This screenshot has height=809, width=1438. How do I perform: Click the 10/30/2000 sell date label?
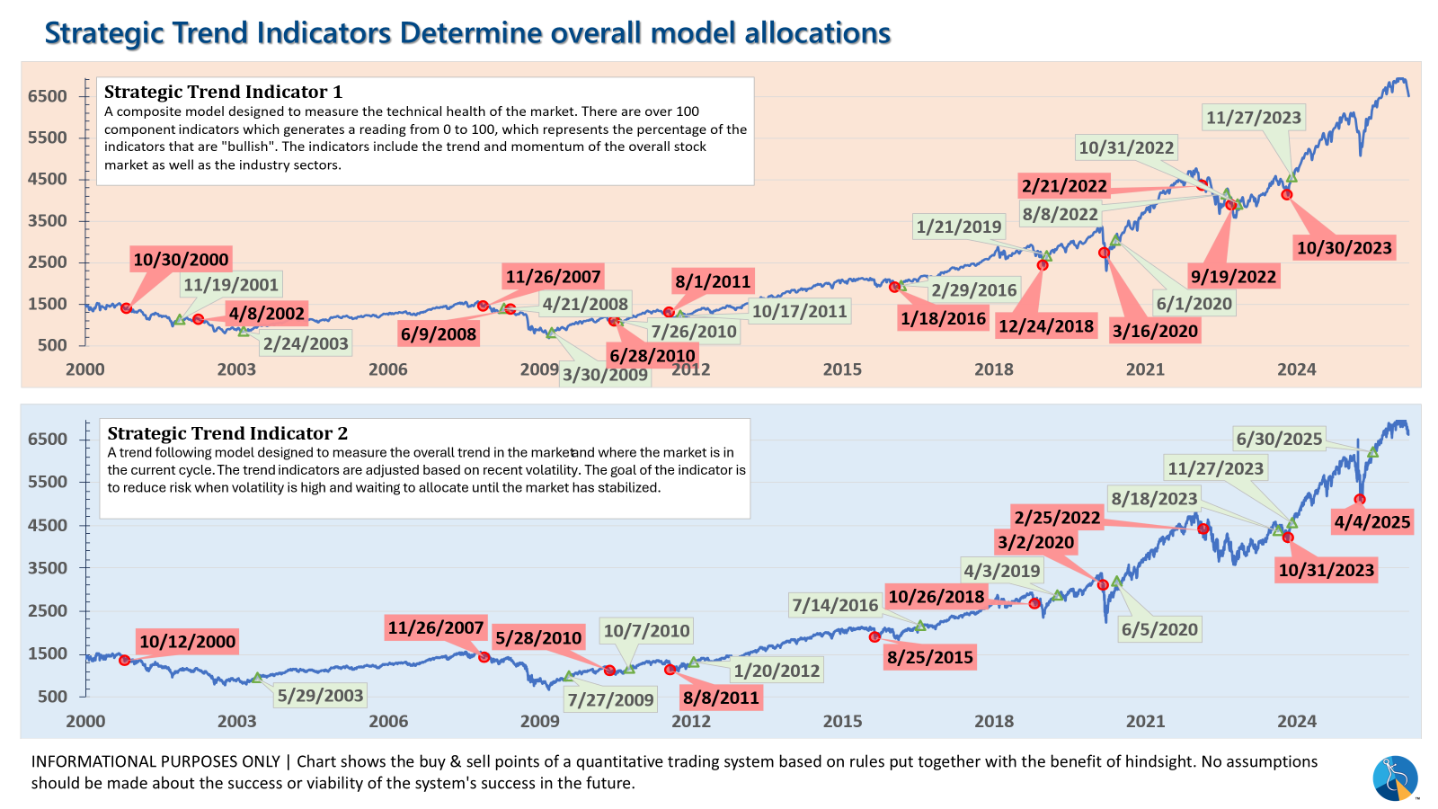pyautogui.click(x=181, y=260)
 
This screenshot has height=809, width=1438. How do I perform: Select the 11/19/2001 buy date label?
pyautogui.click(x=231, y=285)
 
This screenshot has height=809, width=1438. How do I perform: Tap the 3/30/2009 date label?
pyautogui.click(x=605, y=375)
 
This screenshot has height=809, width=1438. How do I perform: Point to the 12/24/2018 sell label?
pyautogui.click(x=1046, y=326)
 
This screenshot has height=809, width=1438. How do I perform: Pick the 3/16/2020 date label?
pyautogui.click(x=1155, y=331)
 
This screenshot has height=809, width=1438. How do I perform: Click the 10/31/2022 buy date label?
pyautogui.click(x=1126, y=147)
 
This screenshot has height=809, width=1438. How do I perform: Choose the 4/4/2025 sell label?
pyautogui.click(x=1372, y=522)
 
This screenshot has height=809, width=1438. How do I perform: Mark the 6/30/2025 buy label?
pyautogui.click(x=1279, y=439)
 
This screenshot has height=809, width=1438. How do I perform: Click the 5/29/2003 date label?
pyautogui.click(x=320, y=695)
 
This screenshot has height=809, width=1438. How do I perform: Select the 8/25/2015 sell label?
pyautogui.click(x=930, y=657)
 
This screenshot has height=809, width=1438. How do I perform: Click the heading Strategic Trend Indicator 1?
pyautogui.click(x=223, y=92)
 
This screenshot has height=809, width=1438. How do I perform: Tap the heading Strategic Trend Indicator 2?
pyautogui.click(x=227, y=433)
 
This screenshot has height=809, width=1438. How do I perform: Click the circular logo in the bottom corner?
pyautogui.click(x=1395, y=778)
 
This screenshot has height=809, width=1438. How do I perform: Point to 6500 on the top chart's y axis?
pyautogui.click(x=48, y=96)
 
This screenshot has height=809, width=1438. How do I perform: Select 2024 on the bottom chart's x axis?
pyautogui.click(x=1297, y=721)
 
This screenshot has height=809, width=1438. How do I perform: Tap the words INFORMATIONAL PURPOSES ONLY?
pyautogui.click(x=155, y=761)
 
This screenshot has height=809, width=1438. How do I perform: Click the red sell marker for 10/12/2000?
pyautogui.click(x=124, y=661)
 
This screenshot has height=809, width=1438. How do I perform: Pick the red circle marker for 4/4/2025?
pyautogui.click(x=1360, y=500)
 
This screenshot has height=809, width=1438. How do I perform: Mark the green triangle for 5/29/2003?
pyautogui.click(x=257, y=678)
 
